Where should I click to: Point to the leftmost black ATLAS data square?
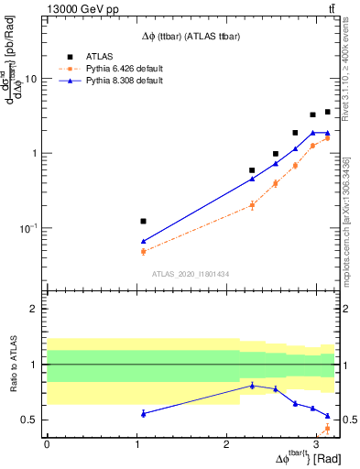143,221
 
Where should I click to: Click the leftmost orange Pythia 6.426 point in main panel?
143,251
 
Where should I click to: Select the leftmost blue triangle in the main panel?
143,241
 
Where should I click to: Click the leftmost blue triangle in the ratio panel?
143,414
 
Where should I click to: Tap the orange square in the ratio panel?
327,429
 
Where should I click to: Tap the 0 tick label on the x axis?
47,443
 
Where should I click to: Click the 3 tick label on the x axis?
316,443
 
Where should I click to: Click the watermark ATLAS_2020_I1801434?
191,274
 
